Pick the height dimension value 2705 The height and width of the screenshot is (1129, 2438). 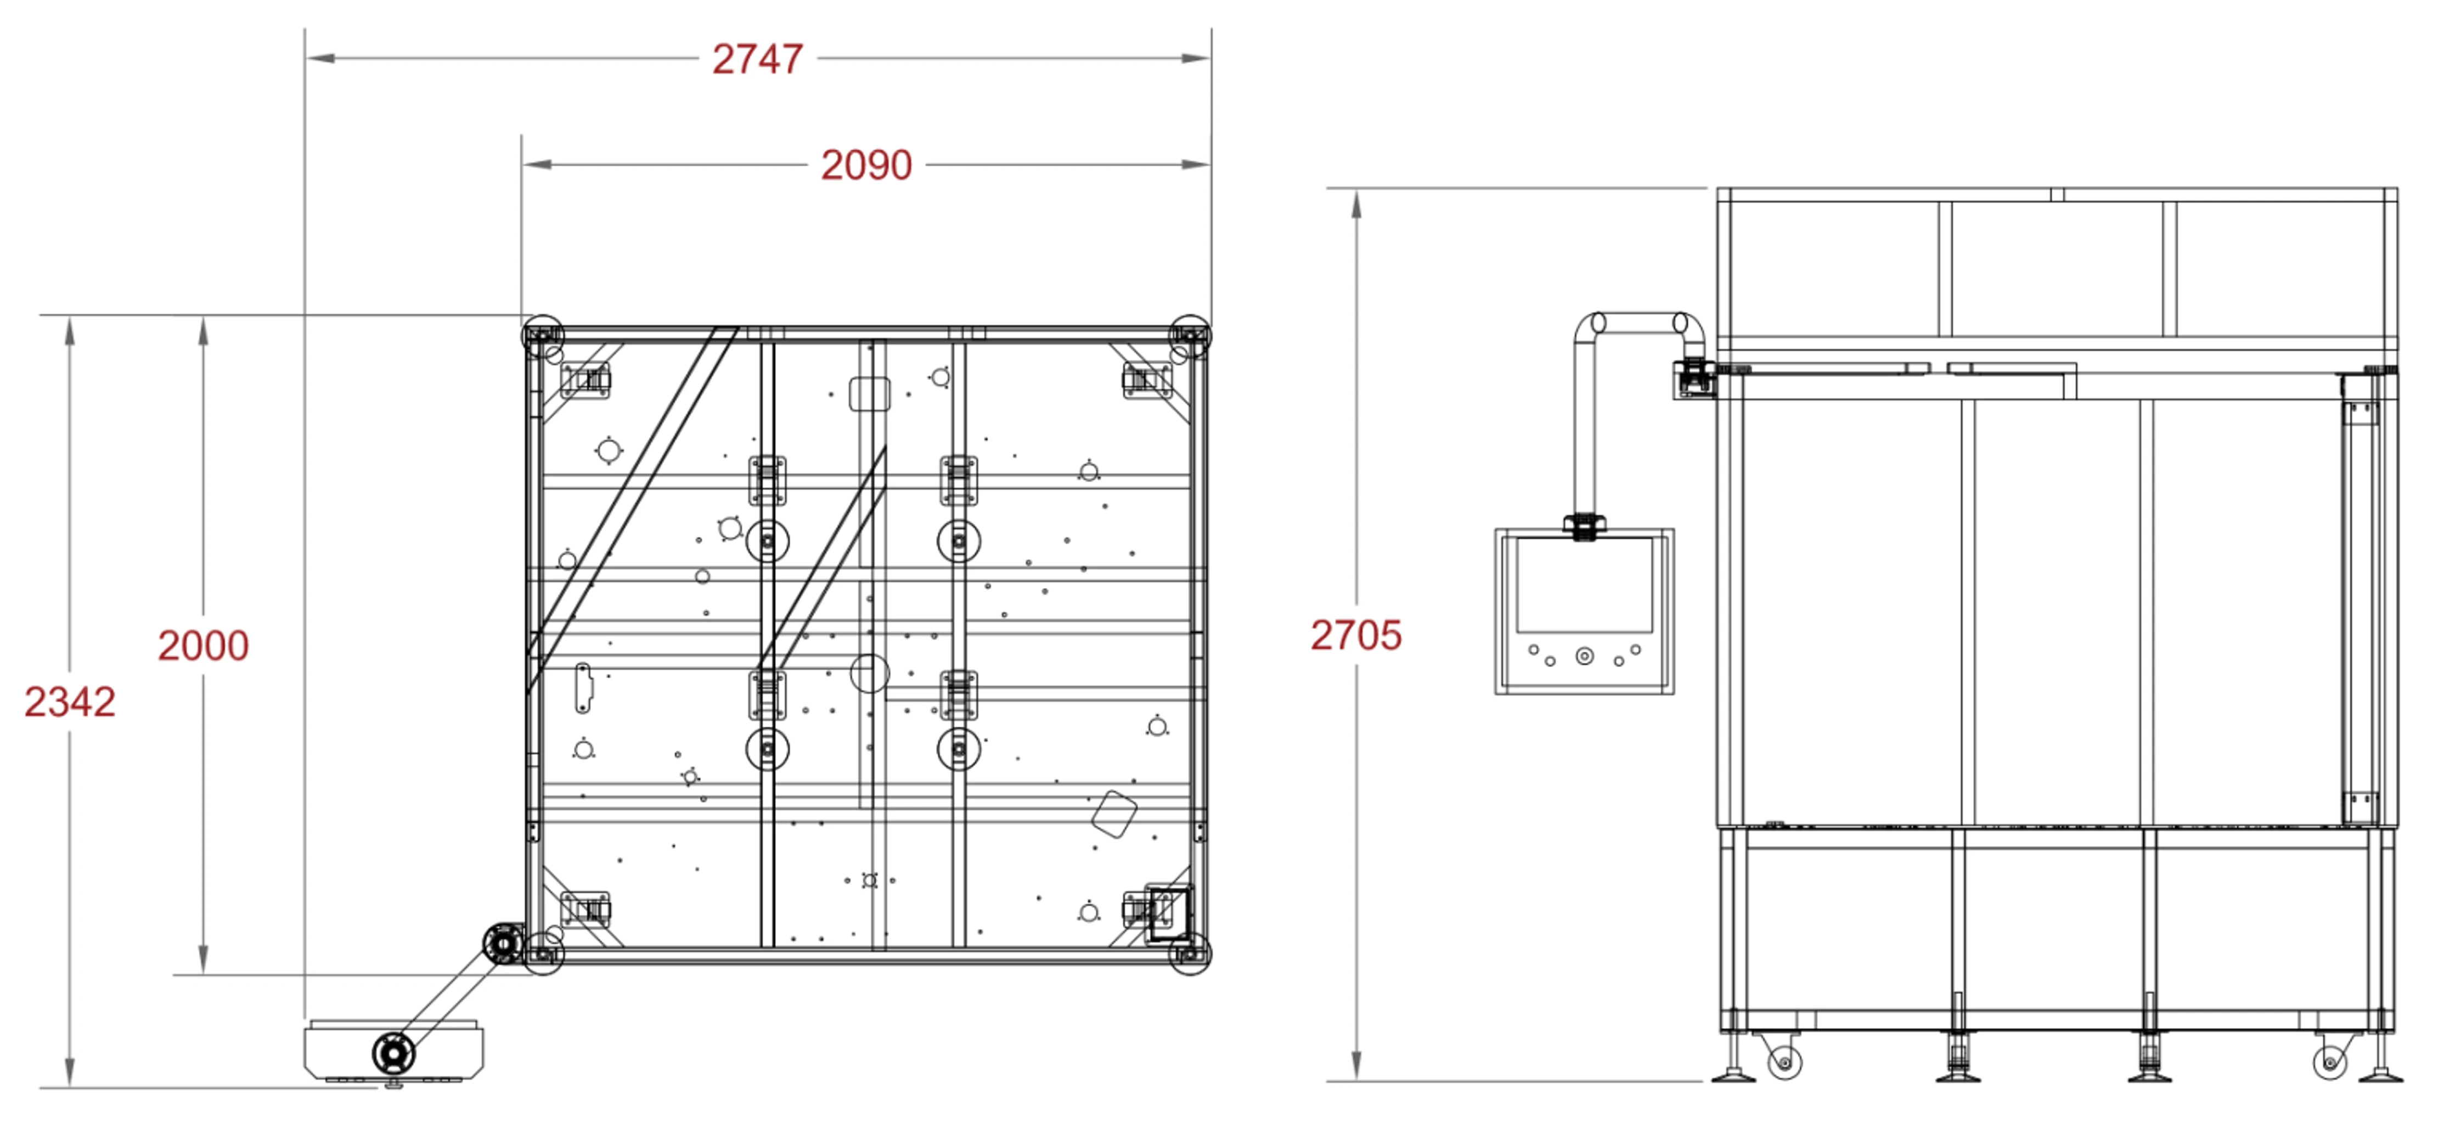pyautogui.click(x=1355, y=635)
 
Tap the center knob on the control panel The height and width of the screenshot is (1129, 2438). pyautogui.click(x=1584, y=656)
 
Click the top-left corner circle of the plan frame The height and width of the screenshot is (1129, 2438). pyautogui.click(x=542, y=335)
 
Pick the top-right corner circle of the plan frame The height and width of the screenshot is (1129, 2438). pyautogui.click(x=1190, y=335)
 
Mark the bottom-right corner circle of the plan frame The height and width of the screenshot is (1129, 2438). pyautogui.click(x=1190, y=953)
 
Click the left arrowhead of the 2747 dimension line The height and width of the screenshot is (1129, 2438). pyautogui.click(x=320, y=59)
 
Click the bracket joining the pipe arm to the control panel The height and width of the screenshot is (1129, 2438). pyautogui.click(x=1584, y=526)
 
